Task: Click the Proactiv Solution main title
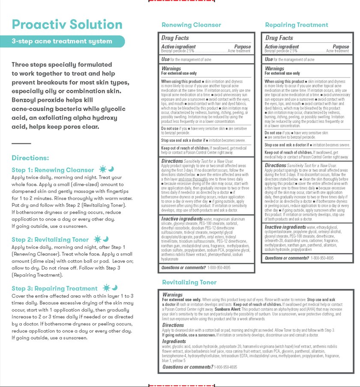tap(67, 24)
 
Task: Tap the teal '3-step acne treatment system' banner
tap(62, 42)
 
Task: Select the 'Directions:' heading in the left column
tap(30, 158)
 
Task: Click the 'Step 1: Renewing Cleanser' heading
tap(53, 170)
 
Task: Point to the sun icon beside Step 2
tap(97, 239)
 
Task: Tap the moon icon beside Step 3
tap(114, 288)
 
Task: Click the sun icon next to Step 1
tap(102, 170)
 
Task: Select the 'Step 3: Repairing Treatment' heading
tap(54, 289)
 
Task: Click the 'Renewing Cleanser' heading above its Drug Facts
tap(191, 25)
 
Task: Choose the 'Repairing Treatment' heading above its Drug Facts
tap(297, 25)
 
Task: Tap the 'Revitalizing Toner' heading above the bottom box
tap(189, 283)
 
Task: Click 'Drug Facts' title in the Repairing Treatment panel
tap(279, 38)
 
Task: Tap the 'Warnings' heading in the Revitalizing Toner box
tap(172, 295)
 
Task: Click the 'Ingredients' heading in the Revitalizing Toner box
tap(174, 342)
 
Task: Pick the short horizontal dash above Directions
tap(21, 143)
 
